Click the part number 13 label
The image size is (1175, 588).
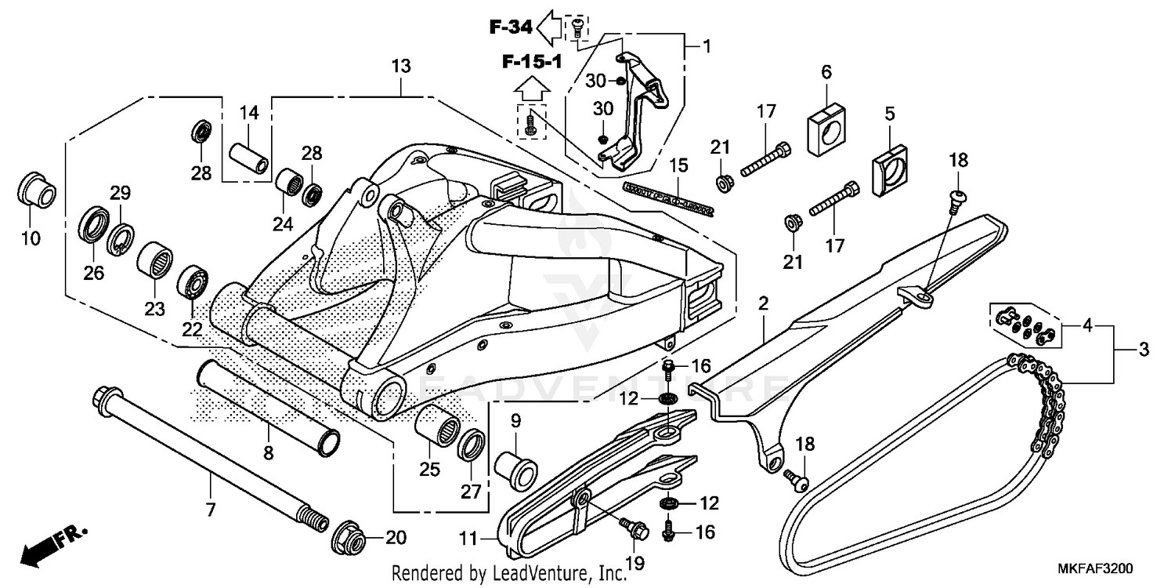pos(400,67)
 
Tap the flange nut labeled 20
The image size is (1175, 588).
pos(348,537)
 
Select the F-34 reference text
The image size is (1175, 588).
pos(511,27)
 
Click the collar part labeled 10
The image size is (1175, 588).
pos(36,189)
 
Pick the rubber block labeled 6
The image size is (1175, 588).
pos(826,118)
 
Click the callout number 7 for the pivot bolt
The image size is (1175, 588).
pos(210,510)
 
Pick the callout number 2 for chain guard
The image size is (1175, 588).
pos(763,302)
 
